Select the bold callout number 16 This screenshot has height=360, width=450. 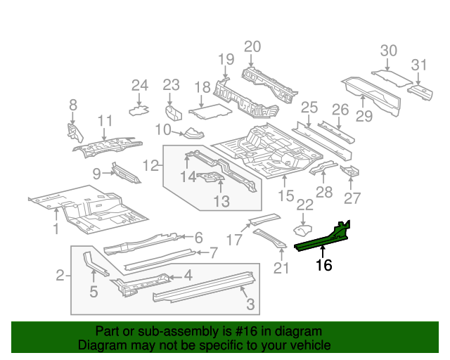pos(323,265)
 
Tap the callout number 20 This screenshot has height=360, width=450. pos(252,47)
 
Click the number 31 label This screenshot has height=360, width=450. pos(419,65)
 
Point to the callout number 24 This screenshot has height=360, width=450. pos(140,86)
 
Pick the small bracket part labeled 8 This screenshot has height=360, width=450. pos(73,131)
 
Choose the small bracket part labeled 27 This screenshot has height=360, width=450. pos(350,172)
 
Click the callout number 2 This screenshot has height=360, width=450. pos(60,274)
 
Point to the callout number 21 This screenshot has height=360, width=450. pos(281,268)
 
